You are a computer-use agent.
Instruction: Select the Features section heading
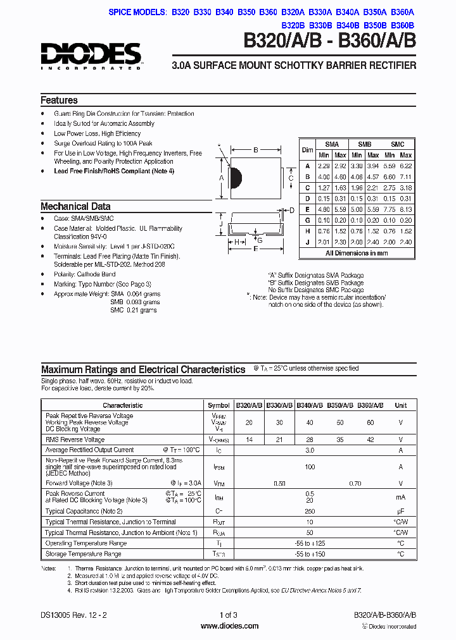59,101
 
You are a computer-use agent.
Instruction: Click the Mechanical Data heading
75,206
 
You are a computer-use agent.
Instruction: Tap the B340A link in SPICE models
347,12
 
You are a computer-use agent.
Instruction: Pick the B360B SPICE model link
403,25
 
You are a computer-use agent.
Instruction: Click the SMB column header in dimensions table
365,144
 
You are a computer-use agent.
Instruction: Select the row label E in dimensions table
307,209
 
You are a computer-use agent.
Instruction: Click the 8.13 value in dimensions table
406,209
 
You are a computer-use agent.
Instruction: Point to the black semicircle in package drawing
235,178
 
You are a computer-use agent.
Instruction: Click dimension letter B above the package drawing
255,151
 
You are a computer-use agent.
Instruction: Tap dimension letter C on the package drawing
291,178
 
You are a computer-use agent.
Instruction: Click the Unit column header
401,405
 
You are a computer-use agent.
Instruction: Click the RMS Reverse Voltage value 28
310,439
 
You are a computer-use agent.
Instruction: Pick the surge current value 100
310,467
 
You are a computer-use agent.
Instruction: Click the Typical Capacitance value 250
310,511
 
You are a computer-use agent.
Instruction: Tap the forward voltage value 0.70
355,483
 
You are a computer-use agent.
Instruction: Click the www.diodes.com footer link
229,626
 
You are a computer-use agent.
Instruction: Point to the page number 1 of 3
229,615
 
